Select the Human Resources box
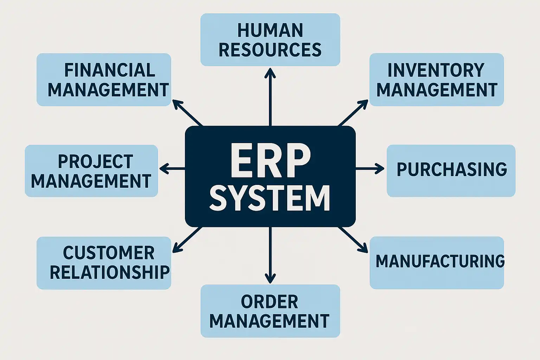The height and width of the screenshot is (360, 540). coord(270,40)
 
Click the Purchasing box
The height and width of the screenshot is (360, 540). coord(451,171)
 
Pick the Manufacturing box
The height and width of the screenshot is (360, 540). coord(437,262)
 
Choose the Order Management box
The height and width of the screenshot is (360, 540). coord(270,311)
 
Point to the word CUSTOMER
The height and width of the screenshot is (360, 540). coord(109,253)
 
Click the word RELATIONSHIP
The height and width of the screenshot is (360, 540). coord(110,272)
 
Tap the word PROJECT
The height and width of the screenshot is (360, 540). coord(95,162)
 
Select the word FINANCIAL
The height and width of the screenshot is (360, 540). coord(110,70)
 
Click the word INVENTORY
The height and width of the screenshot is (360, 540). coord(436,70)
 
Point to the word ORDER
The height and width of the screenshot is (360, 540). coord(270,302)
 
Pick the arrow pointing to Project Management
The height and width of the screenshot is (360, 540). coord(172,169)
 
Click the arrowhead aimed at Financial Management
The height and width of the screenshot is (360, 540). coord(177,104)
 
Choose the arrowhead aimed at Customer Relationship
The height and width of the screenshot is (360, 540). coord(177,249)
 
